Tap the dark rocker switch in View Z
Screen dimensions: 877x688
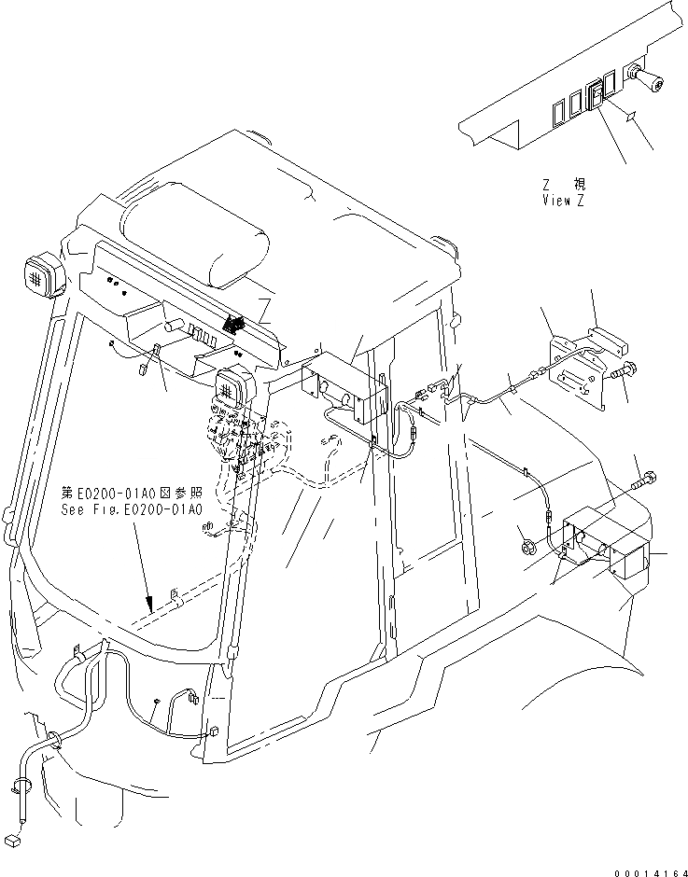pyautogui.click(x=594, y=97)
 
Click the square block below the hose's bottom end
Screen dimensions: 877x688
pyautogui.click(x=13, y=840)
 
